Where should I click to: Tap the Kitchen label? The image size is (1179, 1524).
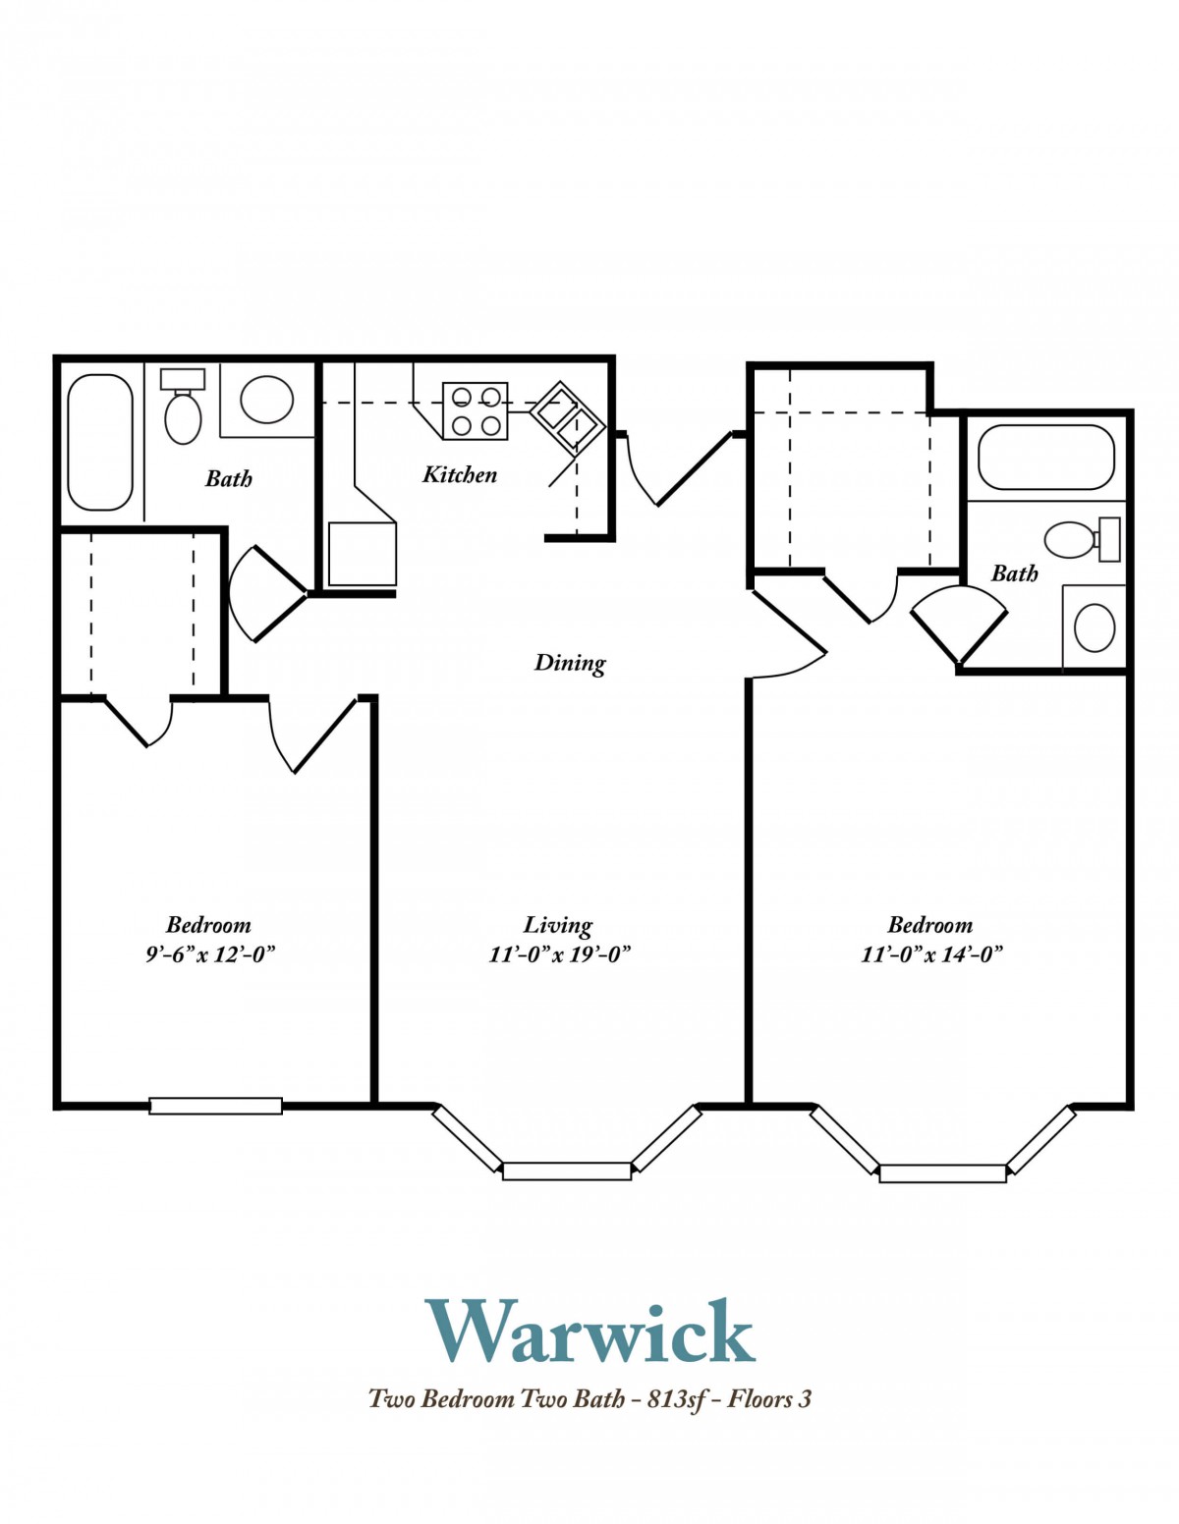(x=460, y=474)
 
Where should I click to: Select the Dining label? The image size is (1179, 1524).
(x=570, y=663)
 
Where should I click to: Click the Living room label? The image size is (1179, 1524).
(x=558, y=925)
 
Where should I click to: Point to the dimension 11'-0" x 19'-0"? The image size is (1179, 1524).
(x=560, y=954)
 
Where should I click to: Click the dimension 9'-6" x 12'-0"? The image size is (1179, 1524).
(x=209, y=954)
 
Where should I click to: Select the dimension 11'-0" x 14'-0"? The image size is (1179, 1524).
(x=931, y=954)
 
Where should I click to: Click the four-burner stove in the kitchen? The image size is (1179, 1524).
(x=475, y=411)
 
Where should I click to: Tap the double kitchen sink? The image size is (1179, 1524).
(x=567, y=418)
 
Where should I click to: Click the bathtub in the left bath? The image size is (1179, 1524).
(x=100, y=443)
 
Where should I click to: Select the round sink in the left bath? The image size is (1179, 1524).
(x=266, y=400)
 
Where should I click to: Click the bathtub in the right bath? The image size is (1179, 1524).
(x=1045, y=458)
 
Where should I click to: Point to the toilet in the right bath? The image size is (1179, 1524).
(x=1082, y=540)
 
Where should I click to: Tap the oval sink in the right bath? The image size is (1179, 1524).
(x=1095, y=627)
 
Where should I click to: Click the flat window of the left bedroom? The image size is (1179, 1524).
(x=216, y=1106)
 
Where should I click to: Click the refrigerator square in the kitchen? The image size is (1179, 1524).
(x=362, y=554)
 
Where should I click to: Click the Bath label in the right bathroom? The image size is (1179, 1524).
(x=1014, y=573)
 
